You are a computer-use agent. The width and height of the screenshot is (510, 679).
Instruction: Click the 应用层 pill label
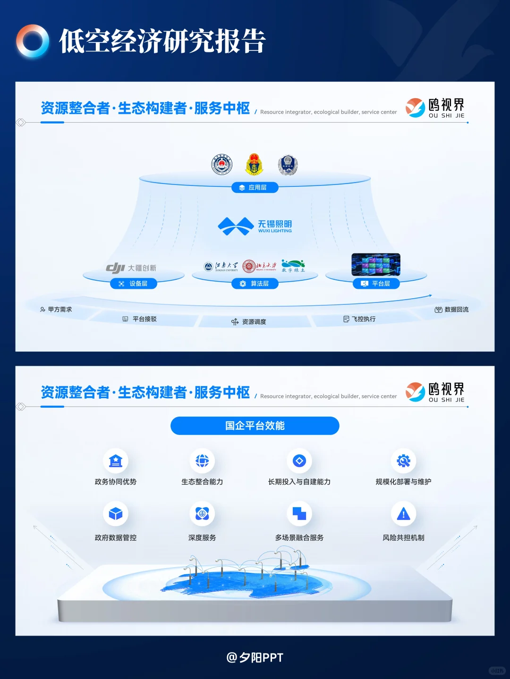(x=255, y=187)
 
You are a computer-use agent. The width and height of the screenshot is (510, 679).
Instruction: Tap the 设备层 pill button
(x=134, y=284)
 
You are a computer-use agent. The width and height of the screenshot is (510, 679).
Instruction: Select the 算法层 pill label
(x=255, y=284)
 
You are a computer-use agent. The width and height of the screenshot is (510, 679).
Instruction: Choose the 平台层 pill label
(x=376, y=284)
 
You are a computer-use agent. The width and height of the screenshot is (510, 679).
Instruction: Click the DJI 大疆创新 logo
(x=131, y=268)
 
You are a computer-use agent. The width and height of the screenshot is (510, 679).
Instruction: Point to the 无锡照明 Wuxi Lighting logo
(x=255, y=226)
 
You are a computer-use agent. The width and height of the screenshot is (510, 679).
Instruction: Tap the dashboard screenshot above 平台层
(x=376, y=264)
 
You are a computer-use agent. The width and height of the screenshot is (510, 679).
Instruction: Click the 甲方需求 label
(x=56, y=310)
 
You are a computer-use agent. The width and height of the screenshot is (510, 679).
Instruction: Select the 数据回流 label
(x=452, y=310)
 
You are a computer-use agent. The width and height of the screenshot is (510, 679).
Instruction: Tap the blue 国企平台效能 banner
(x=255, y=426)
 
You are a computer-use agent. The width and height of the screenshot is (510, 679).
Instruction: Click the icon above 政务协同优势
(x=116, y=461)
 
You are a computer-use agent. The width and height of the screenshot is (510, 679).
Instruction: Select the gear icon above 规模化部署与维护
(x=403, y=461)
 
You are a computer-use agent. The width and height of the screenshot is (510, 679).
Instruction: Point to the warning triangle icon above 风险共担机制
(x=403, y=513)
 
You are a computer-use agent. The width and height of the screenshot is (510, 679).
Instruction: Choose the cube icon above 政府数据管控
(x=116, y=513)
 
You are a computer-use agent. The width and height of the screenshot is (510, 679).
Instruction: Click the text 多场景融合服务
(x=299, y=537)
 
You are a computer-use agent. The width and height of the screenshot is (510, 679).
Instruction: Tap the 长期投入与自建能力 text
(x=299, y=482)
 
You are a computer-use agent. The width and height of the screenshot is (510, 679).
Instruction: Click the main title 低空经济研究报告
(x=162, y=41)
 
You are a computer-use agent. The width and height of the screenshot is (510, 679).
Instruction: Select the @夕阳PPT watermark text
(x=255, y=657)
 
